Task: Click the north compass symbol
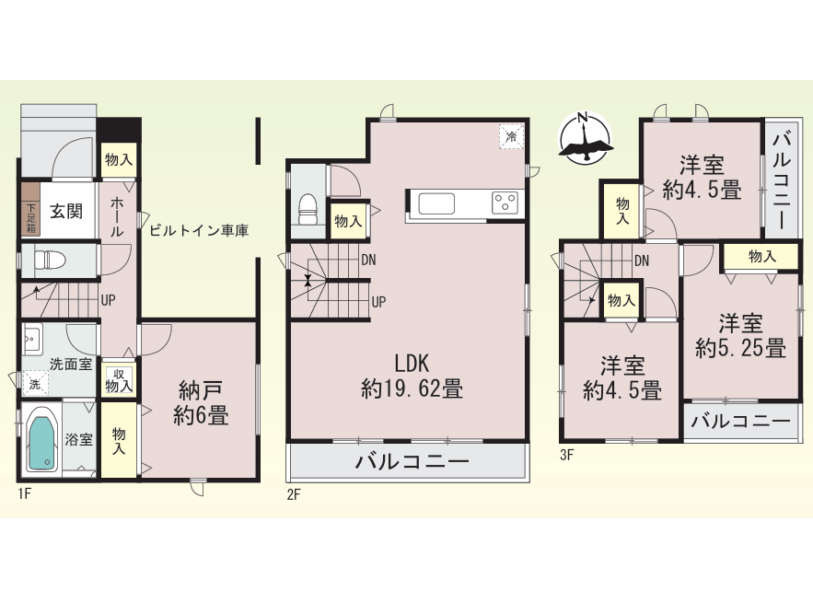585,137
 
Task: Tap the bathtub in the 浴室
42,438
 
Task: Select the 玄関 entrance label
66,212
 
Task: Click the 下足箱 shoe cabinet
30,210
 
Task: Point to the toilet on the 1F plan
49,260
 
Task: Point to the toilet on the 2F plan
308,210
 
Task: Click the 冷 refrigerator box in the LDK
512,136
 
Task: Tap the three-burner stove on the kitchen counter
505,203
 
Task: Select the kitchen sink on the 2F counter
436,203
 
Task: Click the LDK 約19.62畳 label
412,377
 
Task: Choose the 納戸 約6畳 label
201,403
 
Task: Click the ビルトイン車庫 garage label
199,230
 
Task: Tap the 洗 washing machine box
35,384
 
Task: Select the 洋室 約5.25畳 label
740,336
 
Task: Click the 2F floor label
294,494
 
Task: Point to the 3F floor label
567,455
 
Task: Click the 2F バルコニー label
412,461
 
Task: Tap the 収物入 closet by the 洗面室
119,380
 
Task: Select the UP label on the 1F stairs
108,300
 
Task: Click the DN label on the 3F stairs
642,261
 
